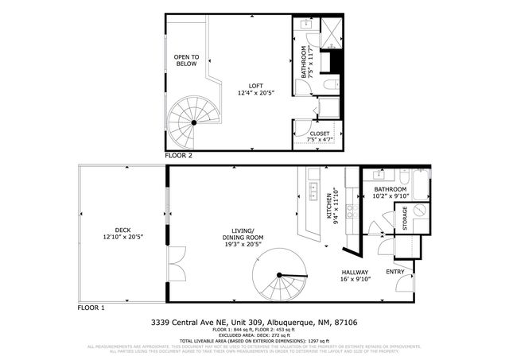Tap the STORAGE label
point(405,219)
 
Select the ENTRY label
point(395,272)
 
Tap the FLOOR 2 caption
point(180,156)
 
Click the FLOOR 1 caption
point(91,307)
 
